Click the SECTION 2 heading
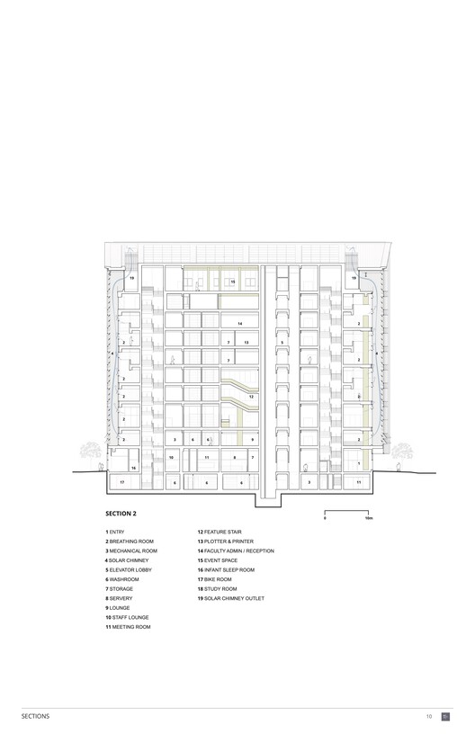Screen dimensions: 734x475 (121, 514)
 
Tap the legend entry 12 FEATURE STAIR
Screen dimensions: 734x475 (220, 532)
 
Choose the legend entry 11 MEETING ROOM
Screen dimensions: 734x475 (128, 626)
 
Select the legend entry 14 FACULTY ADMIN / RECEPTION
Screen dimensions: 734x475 (236, 550)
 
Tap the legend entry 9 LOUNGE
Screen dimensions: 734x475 (121, 607)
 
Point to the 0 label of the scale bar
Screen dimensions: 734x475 (325, 519)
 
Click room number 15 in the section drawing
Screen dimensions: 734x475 (232, 282)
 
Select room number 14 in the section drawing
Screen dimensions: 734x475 (239, 323)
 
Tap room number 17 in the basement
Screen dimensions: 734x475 (122, 483)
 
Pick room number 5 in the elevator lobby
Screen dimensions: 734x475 (282, 343)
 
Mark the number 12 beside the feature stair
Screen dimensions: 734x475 (251, 396)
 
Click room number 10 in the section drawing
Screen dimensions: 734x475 (171, 458)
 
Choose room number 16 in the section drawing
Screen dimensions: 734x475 (133, 468)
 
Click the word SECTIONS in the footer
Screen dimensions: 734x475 (36, 716)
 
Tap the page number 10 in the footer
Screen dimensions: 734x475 (429, 716)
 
